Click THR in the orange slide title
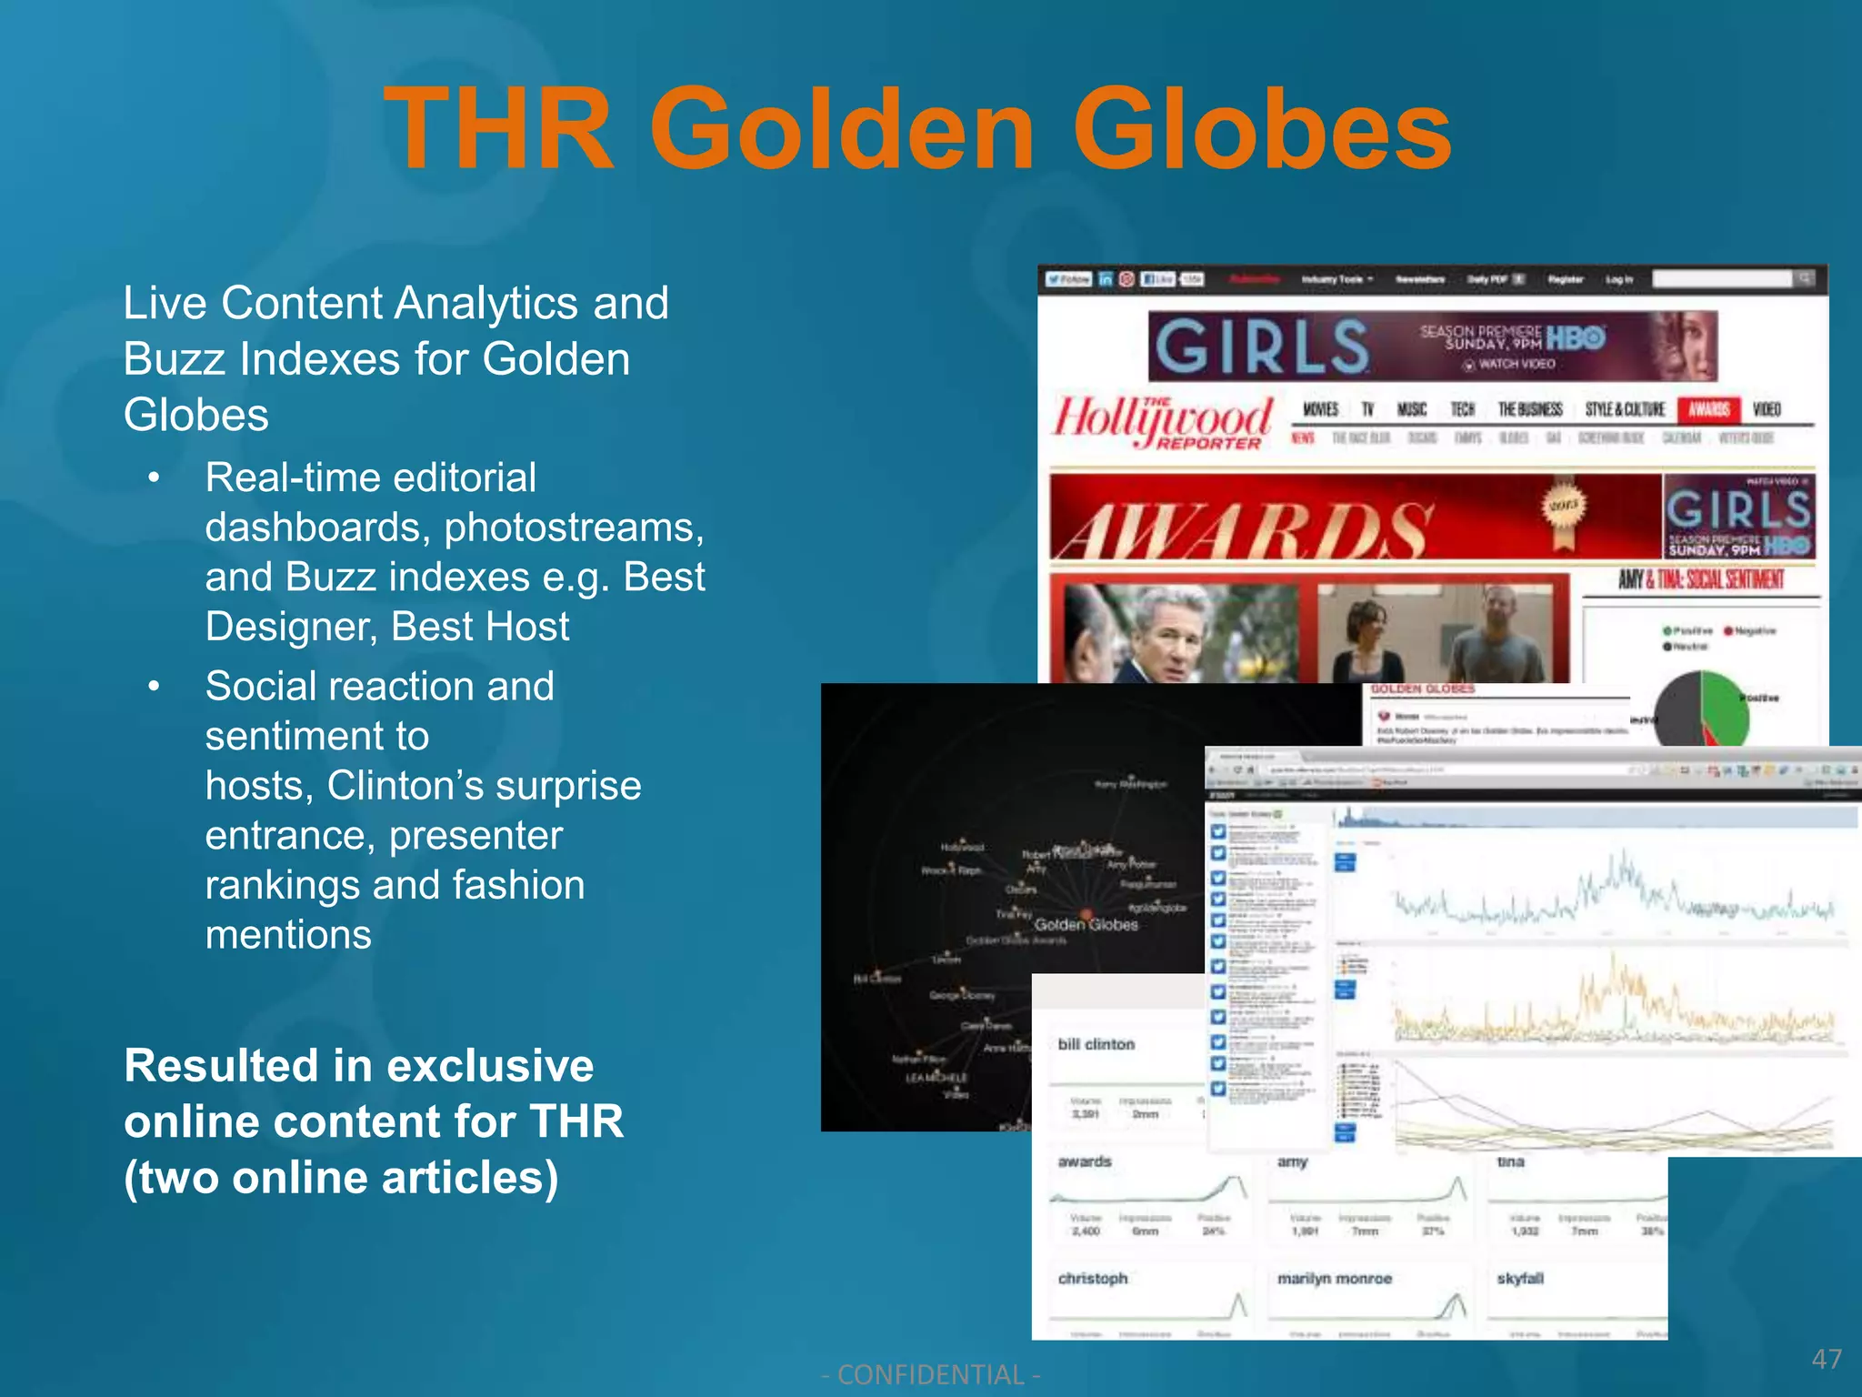pyautogui.click(x=499, y=129)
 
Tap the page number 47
pyautogui.click(x=1827, y=1359)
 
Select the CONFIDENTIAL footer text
pyautogui.click(x=930, y=1374)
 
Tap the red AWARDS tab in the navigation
pyautogui.click(x=1708, y=409)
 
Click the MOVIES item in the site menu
pyautogui.click(x=1320, y=409)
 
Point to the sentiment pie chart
pyautogui.click(x=1700, y=709)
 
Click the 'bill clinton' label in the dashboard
pyautogui.click(x=1096, y=1044)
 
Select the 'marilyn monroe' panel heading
pyautogui.click(x=1334, y=1278)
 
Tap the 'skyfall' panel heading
pyautogui.click(x=1519, y=1278)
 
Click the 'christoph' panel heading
pyautogui.click(x=1092, y=1278)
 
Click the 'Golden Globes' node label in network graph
pyautogui.click(x=1086, y=924)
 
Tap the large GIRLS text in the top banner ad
pyautogui.click(x=1261, y=347)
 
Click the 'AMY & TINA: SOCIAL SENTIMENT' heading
pyautogui.click(x=1700, y=579)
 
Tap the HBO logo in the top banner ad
pyautogui.click(x=1576, y=338)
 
